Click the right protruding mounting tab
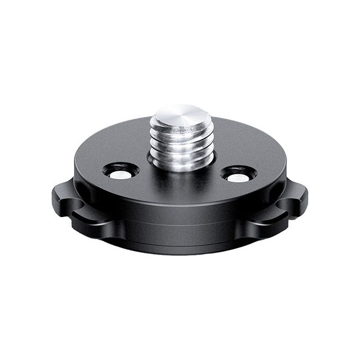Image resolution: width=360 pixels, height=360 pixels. (x=291, y=203)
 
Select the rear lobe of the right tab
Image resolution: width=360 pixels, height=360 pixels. (x=293, y=190)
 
